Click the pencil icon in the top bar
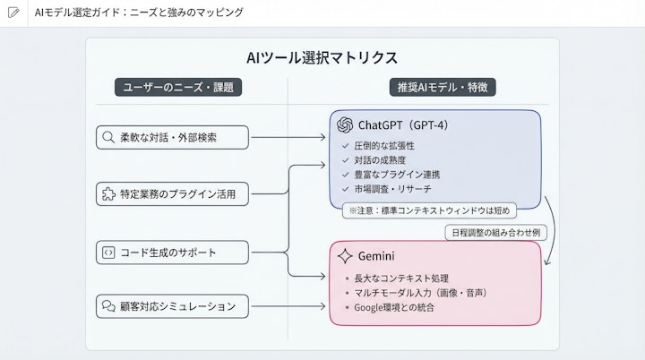tap(13, 13)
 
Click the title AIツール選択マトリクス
tap(322, 58)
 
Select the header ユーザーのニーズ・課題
tap(178, 88)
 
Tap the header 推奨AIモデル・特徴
tap(434, 88)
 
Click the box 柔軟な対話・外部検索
tap(161, 138)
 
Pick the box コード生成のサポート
tap(161, 253)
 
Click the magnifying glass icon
tap(108, 138)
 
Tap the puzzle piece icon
tap(108, 193)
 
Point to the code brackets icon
tap(108, 253)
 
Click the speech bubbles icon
tap(108, 306)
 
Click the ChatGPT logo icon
tap(344, 124)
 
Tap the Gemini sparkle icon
tap(343, 256)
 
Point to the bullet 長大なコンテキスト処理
tap(400, 277)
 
